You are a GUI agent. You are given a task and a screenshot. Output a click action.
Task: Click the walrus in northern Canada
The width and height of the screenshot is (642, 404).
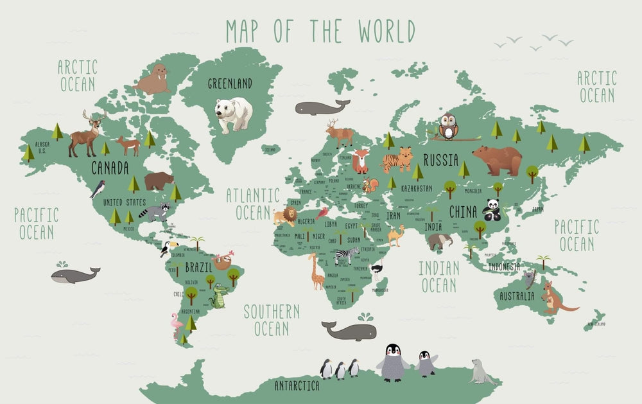[152, 80]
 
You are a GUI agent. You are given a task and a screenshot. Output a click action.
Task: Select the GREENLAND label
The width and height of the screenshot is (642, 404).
[230, 83]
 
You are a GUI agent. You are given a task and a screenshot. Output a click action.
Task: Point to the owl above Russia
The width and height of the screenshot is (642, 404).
[449, 126]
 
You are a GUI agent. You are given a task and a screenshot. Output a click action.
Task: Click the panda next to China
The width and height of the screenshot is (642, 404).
[492, 209]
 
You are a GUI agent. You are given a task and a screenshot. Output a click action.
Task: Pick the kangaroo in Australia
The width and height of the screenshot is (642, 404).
[554, 297]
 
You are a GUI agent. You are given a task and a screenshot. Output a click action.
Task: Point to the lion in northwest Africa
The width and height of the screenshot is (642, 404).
[286, 216]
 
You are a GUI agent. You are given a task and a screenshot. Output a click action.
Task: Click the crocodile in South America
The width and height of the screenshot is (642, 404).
[220, 296]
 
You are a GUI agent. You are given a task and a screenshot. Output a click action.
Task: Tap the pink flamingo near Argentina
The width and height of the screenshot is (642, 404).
[177, 324]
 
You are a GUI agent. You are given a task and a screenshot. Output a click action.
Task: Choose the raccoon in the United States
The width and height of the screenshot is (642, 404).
[155, 212]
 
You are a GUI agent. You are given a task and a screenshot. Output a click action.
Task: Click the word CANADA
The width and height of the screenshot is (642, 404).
[110, 168]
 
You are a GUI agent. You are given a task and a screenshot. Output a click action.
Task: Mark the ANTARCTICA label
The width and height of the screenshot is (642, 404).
[297, 386]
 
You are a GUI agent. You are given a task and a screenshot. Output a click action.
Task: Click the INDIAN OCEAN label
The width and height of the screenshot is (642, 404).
[438, 276]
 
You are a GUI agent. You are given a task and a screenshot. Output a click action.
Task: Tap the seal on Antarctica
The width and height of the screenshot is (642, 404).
[483, 373]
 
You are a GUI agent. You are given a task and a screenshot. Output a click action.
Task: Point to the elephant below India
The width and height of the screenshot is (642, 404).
[440, 241]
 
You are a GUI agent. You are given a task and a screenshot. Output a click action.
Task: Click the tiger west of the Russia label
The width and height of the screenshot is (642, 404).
[396, 159]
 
